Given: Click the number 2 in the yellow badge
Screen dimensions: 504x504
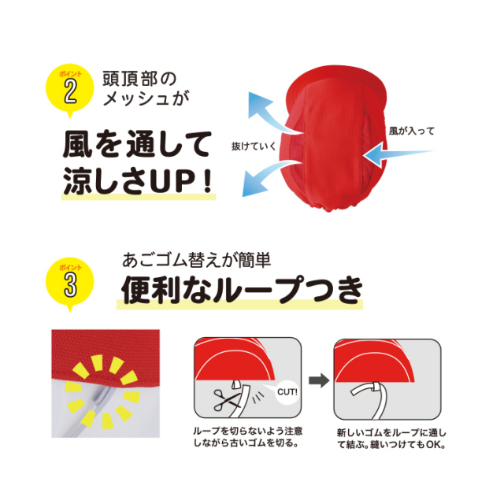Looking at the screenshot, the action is (70, 91).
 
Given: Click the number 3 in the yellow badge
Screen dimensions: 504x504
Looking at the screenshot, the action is (70, 284).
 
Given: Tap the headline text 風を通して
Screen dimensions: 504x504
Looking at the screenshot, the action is (137, 144).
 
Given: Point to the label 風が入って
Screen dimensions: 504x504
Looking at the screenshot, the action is (411, 132).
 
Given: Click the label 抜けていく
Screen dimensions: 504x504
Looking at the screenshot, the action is (254, 146).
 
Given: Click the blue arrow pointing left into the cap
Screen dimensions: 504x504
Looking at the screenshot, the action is (398, 154).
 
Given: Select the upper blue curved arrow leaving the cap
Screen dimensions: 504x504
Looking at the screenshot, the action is (273, 113).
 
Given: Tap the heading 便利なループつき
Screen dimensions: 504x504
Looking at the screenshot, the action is (243, 290).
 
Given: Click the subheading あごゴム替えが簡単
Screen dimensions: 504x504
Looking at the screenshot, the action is (196, 260).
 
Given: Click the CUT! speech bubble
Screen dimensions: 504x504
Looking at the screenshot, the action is (287, 392).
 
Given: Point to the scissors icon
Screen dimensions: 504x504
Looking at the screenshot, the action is (226, 400).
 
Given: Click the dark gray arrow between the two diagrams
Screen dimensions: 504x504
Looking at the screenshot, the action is (319, 380).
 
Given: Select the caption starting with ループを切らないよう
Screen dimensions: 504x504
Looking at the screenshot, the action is (247, 437).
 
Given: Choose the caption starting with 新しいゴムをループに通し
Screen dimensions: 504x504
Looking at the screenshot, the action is (391, 439).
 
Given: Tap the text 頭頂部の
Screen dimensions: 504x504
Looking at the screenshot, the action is (139, 79).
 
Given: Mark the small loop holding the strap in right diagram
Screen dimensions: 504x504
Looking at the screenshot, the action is (375, 387).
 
